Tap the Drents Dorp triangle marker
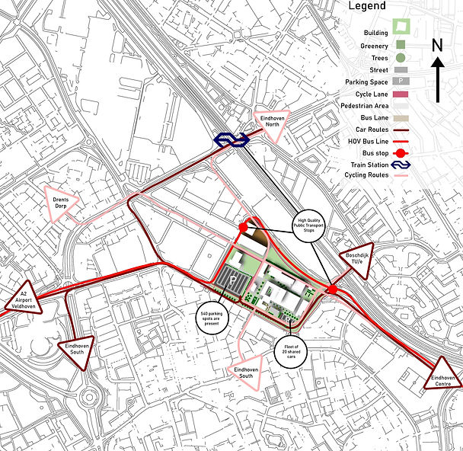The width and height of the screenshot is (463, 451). [x=61, y=201]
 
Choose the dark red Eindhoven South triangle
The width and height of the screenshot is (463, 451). [x=76, y=348]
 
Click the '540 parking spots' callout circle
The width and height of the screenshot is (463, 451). [x=210, y=317]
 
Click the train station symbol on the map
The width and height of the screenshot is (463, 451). [x=228, y=139]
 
